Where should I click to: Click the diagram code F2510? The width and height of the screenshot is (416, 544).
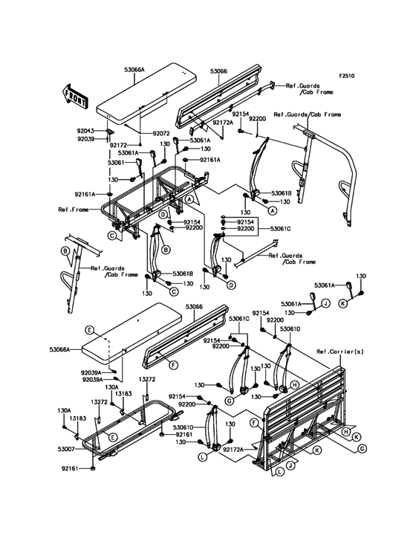point(347,75)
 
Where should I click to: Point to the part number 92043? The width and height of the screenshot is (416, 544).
point(85,131)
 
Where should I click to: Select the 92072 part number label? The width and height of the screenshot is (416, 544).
point(161,133)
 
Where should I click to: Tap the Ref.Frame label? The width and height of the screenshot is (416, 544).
point(73,210)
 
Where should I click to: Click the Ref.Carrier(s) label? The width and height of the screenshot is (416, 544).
point(340,352)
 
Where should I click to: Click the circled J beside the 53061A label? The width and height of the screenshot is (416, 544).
point(325,303)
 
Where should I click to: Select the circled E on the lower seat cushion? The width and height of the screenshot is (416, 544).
point(89,330)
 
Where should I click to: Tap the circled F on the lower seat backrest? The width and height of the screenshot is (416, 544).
point(173,365)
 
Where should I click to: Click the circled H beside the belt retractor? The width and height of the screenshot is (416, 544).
point(294,384)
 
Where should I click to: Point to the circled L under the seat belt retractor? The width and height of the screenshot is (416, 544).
point(202,457)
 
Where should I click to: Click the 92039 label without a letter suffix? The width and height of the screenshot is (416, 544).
point(85,138)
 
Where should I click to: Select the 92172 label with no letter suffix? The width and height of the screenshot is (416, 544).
point(119,145)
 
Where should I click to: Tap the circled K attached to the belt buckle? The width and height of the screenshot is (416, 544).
point(343,303)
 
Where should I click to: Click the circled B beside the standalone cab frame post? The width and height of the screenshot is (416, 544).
point(64,250)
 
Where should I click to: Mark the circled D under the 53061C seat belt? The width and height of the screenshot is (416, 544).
point(232,285)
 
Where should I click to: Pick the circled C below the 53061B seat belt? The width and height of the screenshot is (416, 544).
point(174,292)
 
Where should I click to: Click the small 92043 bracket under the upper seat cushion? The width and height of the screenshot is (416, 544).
point(108,132)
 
